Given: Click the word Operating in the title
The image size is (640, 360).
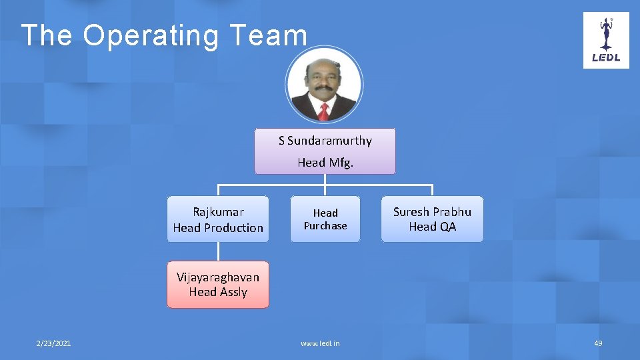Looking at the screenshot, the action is (151, 36).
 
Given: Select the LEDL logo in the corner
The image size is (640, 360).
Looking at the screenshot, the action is (606, 40).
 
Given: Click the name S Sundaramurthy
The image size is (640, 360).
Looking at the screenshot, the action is (325, 141).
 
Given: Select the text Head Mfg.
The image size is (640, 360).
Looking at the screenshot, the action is (325, 162).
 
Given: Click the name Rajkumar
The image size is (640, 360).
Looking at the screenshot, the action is (218, 212).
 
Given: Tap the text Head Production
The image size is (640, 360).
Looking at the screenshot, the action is (218, 227).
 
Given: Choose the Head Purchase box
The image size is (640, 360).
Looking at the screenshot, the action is (325, 219).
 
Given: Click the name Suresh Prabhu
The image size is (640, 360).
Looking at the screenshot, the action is (432, 212).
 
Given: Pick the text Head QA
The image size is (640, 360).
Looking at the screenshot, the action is (432, 227).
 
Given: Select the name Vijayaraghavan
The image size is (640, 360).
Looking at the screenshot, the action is (218, 277).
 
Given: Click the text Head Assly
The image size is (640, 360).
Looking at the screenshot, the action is (218, 292).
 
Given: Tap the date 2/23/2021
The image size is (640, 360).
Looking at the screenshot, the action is (53, 343).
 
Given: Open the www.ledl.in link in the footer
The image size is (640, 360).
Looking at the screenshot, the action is (320, 343).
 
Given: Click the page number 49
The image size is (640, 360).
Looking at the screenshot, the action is (598, 343).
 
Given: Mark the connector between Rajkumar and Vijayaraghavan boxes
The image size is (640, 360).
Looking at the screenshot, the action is (218, 251).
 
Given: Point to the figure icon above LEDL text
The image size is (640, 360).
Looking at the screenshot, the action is (606, 33).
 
